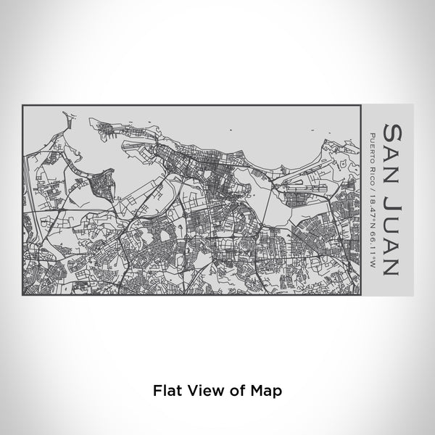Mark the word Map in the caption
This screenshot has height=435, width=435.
coord(265,390)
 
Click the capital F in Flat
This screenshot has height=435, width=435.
coord(157,390)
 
